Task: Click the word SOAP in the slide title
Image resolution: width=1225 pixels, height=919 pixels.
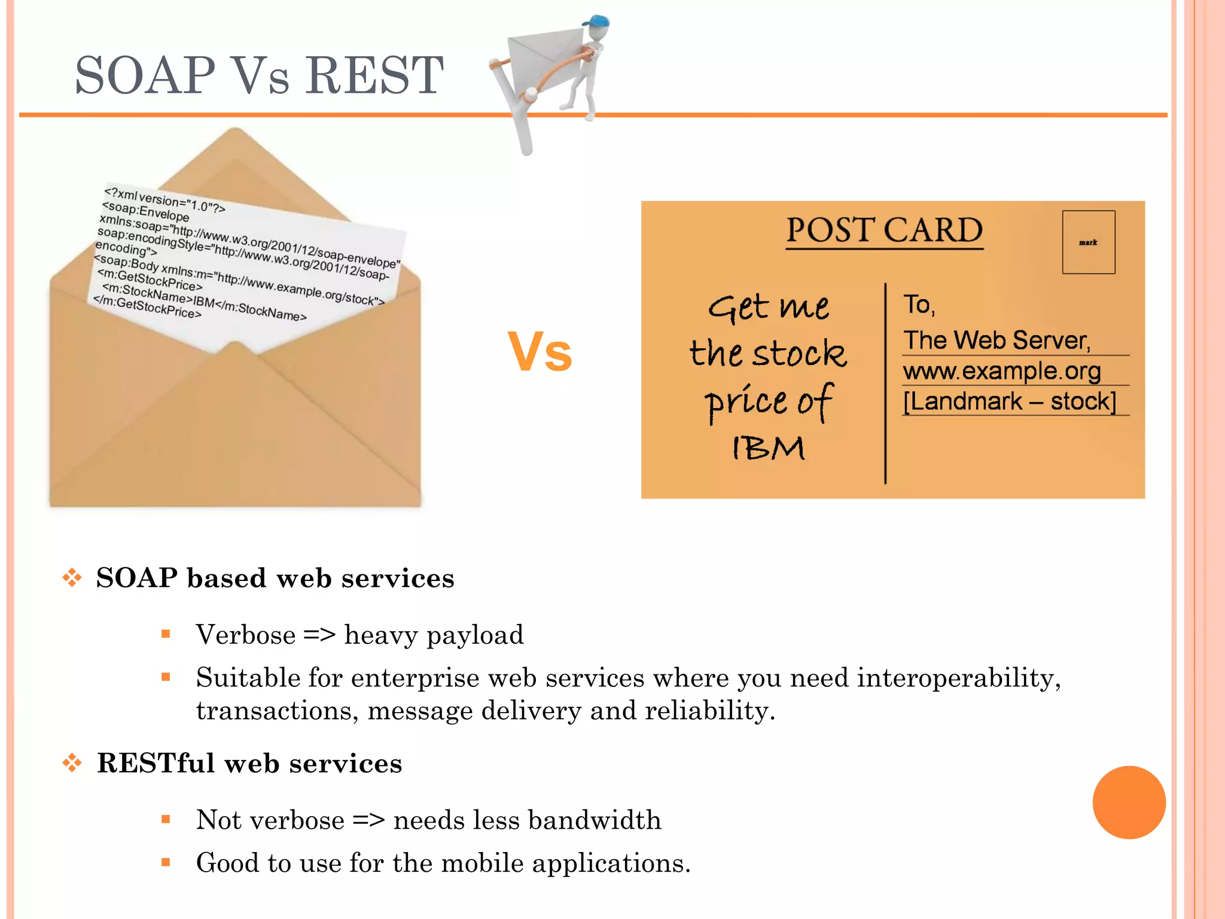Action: (x=145, y=75)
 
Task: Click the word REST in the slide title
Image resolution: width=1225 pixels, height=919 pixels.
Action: (x=374, y=75)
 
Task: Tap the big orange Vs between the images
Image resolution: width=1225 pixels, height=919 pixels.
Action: (x=540, y=352)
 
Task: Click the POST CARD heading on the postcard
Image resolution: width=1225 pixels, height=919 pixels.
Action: (x=884, y=230)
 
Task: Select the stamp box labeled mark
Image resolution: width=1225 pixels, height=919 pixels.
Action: (x=1088, y=242)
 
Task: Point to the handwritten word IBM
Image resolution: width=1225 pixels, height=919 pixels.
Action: (x=769, y=448)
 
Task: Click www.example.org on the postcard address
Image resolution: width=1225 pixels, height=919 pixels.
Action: (x=1001, y=371)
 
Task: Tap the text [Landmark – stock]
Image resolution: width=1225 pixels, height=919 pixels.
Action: (x=1010, y=401)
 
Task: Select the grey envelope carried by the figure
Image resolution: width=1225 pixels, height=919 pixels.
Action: (x=541, y=57)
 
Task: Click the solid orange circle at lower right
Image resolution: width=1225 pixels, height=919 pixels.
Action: (x=1129, y=802)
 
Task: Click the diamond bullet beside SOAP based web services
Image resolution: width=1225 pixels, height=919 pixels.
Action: (x=72, y=577)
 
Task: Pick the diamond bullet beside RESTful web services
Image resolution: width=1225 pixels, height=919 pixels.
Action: (x=72, y=763)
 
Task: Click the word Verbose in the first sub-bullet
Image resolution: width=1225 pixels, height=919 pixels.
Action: (x=246, y=635)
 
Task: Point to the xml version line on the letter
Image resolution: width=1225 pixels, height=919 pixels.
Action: (x=164, y=200)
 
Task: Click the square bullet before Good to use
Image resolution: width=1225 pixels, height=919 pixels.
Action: (x=166, y=862)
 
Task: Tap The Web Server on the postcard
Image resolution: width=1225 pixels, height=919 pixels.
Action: (x=997, y=340)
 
